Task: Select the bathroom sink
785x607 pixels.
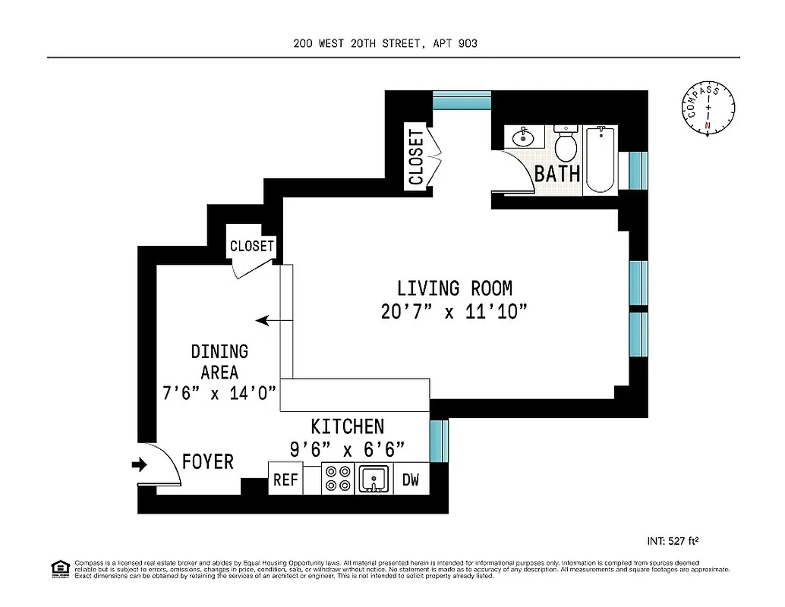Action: tap(523, 138)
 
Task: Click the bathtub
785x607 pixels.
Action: tap(601, 160)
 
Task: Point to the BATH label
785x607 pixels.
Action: tap(557, 174)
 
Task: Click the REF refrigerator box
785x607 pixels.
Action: tap(285, 480)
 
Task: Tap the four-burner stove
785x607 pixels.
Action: tap(337, 479)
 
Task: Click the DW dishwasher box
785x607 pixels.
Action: tap(411, 480)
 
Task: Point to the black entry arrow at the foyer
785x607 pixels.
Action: tap(140, 464)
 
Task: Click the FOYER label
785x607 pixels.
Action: tap(208, 461)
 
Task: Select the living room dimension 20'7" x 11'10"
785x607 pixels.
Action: tap(454, 312)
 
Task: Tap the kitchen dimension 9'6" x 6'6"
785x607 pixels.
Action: tap(347, 449)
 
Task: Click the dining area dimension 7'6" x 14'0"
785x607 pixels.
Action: tap(219, 394)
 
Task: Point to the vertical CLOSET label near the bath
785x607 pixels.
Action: tap(416, 157)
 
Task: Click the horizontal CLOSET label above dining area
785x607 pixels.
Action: tap(251, 246)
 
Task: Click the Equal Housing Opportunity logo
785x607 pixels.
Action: tap(58, 568)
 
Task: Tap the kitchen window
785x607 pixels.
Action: tap(439, 441)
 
